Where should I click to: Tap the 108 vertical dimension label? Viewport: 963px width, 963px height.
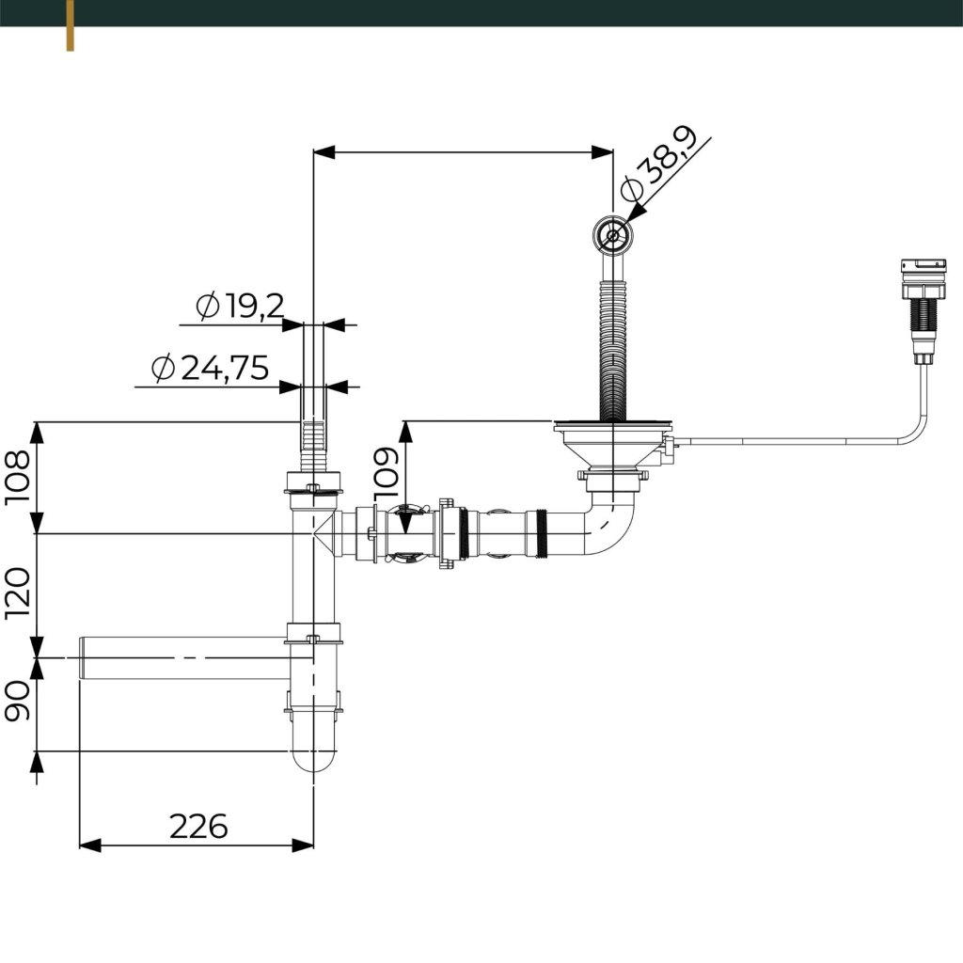(17, 478)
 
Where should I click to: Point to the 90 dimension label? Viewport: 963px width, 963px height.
(17, 700)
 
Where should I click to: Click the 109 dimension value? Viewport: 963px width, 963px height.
(387, 473)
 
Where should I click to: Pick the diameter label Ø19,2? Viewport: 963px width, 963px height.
(240, 306)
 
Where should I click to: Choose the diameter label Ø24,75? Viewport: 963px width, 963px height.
(210, 368)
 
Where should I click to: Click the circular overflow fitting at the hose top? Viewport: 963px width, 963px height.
(612, 234)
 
